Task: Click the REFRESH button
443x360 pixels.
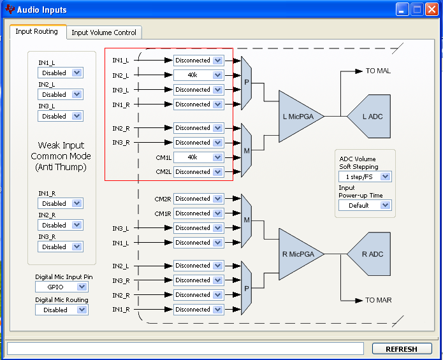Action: click(402, 349)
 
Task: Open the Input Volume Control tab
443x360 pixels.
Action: click(104, 32)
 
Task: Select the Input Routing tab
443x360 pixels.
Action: click(37, 31)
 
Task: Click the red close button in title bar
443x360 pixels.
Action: click(432, 10)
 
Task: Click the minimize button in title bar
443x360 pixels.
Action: click(402, 10)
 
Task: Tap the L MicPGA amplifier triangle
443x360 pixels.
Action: click(301, 117)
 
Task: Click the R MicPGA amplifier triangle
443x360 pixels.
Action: click(301, 254)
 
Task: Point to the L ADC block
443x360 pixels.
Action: click(369, 117)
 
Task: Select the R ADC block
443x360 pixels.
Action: click(369, 254)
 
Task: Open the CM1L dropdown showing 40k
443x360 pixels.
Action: click(199, 157)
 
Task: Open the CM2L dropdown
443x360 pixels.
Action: click(199, 172)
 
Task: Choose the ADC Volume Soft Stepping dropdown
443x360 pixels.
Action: click(365, 176)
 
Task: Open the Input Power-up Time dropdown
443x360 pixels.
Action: click(365, 205)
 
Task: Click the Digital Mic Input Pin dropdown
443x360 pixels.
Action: click(62, 287)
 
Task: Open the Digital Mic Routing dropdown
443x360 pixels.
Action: click(62, 310)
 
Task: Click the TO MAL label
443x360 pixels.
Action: click(378, 71)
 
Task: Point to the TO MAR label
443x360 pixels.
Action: click(378, 300)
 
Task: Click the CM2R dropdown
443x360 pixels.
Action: click(199, 199)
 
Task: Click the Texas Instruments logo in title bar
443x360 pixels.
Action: click(10, 10)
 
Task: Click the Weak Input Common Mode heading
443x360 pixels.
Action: click(61, 156)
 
